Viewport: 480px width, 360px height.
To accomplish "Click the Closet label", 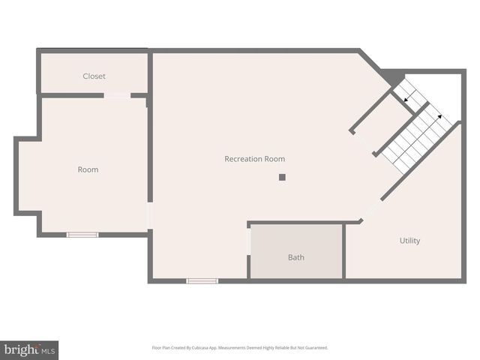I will pyautogui.click(x=94, y=76).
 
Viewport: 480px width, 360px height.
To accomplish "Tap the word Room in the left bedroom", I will pyautogui.click(x=88, y=169).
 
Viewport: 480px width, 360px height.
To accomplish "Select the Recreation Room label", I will pyautogui.click(x=254, y=159).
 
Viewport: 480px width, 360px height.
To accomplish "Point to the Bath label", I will pyautogui.click(x=296, y=257).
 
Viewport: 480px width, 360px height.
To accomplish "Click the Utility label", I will pyautogui.click(x=409, y=241).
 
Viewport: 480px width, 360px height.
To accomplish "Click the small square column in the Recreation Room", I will pyautogui.click(x=282, y=177).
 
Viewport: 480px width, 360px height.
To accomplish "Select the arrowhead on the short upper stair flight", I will pyautogui.click(x=406, y=99).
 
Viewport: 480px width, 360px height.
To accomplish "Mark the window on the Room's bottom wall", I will pyautogui.click(x=82, y=235).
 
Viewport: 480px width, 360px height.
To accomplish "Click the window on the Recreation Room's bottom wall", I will pyautogui.click(x=202, y=281).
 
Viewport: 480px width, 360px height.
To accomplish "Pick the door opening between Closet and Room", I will pyautogui.click(x=117, y=95).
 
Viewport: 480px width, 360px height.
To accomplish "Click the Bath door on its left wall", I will pyautogui.click(x=248, y=241).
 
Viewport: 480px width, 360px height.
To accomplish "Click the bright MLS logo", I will pyautogui.click(x=29, y=350).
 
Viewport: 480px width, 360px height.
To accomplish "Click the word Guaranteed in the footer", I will pyautogui.click(x=316, y=348).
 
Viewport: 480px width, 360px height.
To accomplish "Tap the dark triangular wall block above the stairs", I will pyautogui.click(x=391, y=75).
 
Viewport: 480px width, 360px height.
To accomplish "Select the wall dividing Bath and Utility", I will pyautogui.click(x=343, y=251).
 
